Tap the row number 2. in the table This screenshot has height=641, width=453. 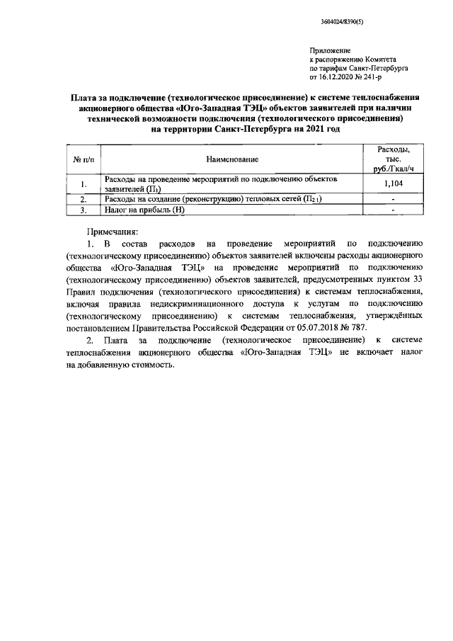(84, 200)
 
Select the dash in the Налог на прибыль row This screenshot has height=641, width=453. (393, 210)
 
